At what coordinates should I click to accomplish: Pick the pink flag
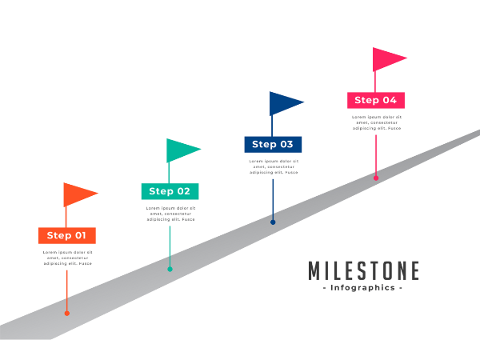pos(386,58)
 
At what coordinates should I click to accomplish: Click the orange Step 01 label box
pos(66,235)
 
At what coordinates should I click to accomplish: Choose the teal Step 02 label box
pos(170,190)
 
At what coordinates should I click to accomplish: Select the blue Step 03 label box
pos(273,144)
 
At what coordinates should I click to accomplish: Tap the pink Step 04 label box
pos(375,100)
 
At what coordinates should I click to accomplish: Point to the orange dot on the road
pos(66,313)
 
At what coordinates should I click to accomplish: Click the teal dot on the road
pos(170,269)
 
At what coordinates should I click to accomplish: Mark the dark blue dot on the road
pos(273,222)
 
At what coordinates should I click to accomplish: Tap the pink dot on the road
pos(376,178)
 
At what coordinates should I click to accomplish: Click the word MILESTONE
pos(363,270)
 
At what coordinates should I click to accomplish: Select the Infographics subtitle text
pos(362,288)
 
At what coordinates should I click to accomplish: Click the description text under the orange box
pos(67,257)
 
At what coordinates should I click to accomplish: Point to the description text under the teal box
pos(170,214)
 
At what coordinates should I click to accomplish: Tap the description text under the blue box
pos(273,166)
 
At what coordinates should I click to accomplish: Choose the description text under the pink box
pos(376,122)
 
